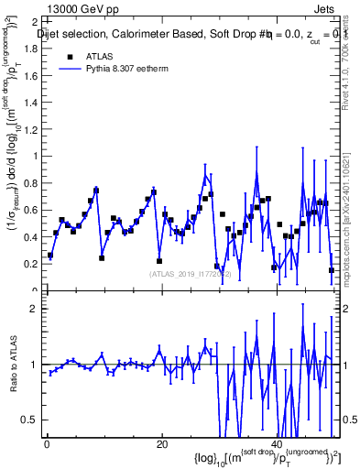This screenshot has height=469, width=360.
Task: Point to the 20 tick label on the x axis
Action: (161, 444)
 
